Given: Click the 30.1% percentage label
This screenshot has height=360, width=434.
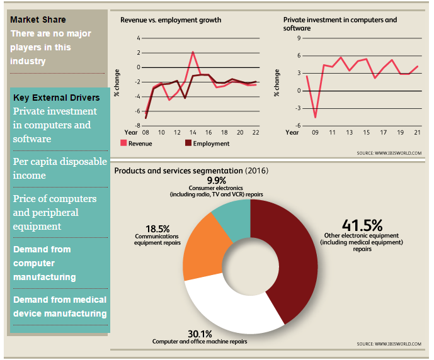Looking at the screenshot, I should (200, 334).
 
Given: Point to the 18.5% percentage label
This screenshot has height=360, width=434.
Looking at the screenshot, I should (157, 230).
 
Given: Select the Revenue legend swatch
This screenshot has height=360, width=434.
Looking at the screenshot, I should (123, 143).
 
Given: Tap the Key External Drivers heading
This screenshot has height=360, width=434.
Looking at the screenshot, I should (56, 98).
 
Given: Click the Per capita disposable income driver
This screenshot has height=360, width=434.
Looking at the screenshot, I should (60, 168).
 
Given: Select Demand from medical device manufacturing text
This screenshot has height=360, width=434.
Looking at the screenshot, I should (60, 307).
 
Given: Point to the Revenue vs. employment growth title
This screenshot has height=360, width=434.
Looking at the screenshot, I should (171, 20).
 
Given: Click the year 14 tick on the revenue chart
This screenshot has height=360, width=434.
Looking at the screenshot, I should (193, 133).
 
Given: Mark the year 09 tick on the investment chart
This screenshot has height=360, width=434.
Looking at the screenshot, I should (315, 133).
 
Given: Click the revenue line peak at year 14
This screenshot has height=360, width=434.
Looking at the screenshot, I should (193, 52).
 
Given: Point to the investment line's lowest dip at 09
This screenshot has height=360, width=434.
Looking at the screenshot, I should (315, 118).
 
